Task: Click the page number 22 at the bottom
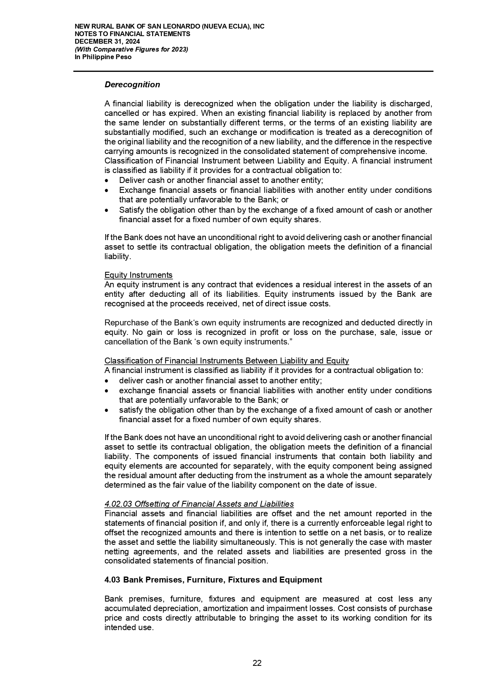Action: tap(257, 663)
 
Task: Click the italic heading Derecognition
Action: tap(132, 85)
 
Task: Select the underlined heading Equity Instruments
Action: tap(138, 275)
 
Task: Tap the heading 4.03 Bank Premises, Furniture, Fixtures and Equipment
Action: tap(213, 580)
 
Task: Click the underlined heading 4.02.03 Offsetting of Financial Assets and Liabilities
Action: tap(199, 504)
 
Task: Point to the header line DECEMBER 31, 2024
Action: tap(107, 42)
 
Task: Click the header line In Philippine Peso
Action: tap(103, 57)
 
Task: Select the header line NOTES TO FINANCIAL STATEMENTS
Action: tap(132, 34)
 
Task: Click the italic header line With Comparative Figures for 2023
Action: tap(131, 49)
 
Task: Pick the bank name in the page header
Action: tap(170, 27)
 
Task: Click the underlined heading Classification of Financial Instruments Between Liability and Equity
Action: tap(226, 361)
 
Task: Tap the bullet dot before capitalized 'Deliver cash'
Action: tap(106, 181)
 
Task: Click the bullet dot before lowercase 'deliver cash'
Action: tap(106, 381)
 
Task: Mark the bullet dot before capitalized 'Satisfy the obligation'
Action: tap(106, 210)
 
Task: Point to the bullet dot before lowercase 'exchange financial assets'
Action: tap(106, 391)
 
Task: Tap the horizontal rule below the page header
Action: tap(253, 71)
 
